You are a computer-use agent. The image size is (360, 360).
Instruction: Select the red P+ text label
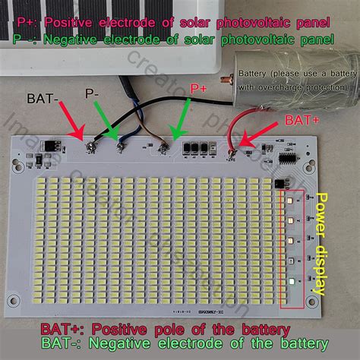(x=200, y=90)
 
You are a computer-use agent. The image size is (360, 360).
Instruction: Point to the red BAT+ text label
(x=302, y=120)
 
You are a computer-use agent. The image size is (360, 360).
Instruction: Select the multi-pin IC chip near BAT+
(x=286, y=159)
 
